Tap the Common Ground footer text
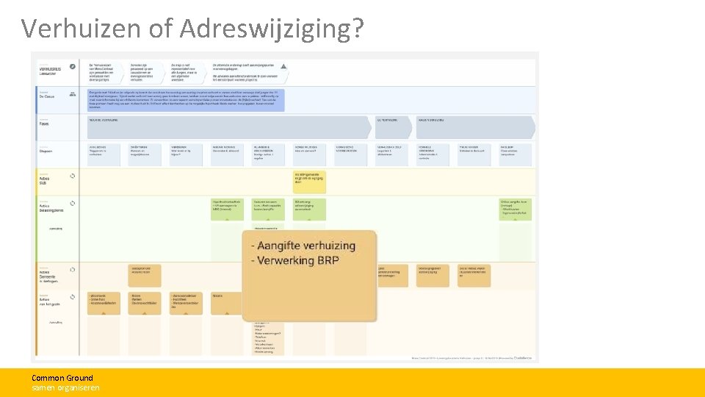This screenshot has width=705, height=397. pos(62,378)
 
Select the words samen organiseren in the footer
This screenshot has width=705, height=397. pos(65,387)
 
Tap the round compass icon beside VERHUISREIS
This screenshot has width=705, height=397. pos(72,66)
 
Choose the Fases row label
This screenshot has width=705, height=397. pos(45,123)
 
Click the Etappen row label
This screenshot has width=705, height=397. pos(47,151)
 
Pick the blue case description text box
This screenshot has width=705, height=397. pos(186,99)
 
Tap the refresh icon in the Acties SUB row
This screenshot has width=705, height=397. pos(72,176)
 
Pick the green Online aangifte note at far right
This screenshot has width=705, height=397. pos(516,210)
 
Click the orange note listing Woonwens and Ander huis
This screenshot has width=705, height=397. pos(103,303)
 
